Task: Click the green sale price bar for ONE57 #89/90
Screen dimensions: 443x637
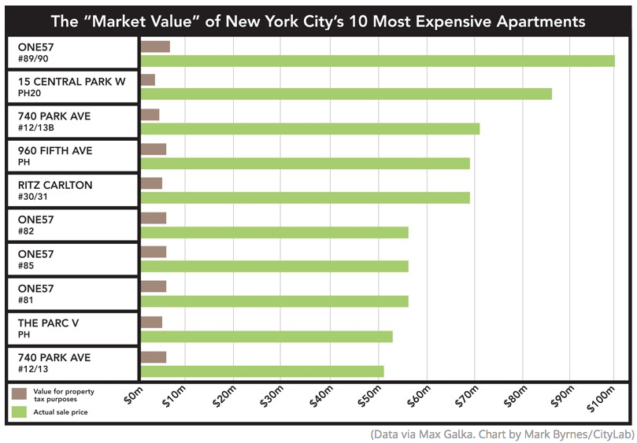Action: coord(376,61)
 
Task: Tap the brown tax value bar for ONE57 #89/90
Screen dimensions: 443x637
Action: coord(154,46)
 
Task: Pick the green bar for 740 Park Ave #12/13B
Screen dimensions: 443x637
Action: coord(309,129)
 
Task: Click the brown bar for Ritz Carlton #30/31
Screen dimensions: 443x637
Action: coord(150,183)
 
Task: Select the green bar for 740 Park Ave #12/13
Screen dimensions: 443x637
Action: coord(261,371)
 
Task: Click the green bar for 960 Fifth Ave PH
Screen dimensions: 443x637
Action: coord(304,164)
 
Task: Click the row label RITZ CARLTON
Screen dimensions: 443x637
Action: coord(54,186)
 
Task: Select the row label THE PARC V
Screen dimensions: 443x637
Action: coord(48,323)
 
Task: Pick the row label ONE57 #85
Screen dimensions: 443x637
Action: coord(35,260)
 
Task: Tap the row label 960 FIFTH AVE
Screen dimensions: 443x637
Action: coord(54,151)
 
